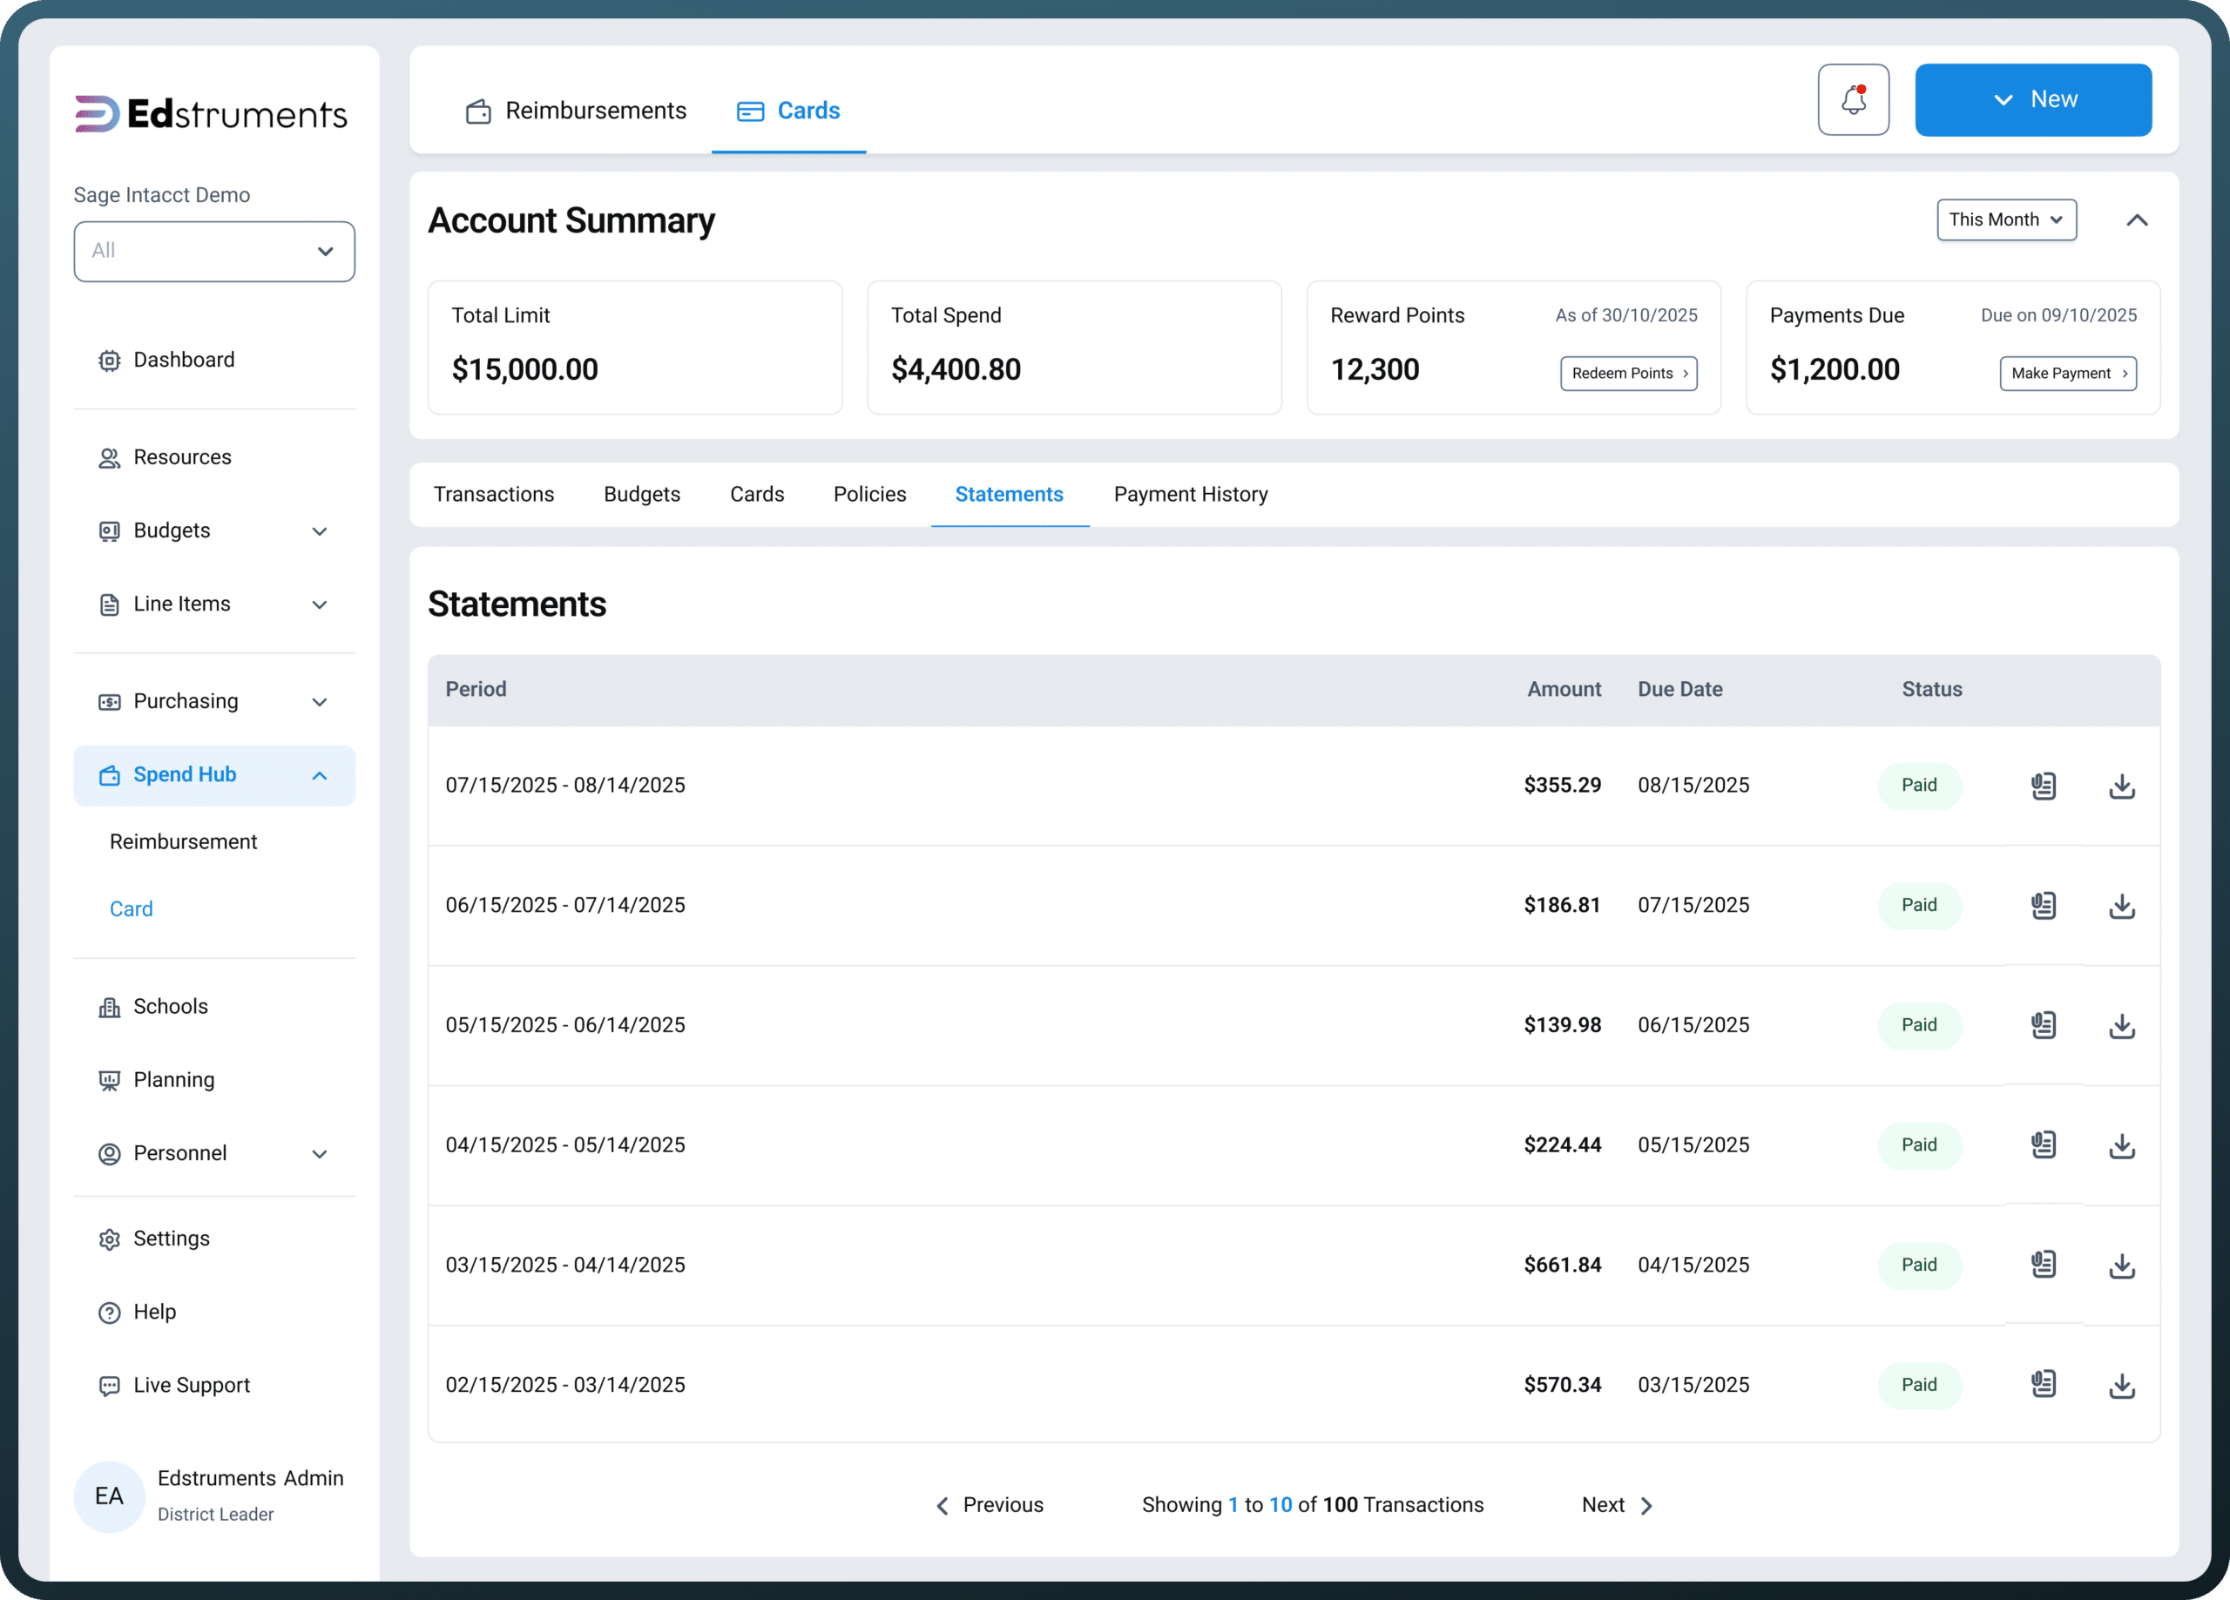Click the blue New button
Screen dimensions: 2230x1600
[x=2032, y=99]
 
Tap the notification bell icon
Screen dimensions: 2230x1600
[x=1854, y=99]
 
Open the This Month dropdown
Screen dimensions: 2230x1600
[x=2006, y=219]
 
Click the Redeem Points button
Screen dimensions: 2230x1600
[x=1628, y=374]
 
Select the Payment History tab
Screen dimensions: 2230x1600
[x=1191, y=494]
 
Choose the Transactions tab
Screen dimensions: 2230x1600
[x=494, y=494]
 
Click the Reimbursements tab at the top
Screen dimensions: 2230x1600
[x=576, y=110]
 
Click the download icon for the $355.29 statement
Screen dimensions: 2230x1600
[x=2122, y=786]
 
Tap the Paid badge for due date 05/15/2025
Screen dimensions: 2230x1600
[x=1919, y=1144]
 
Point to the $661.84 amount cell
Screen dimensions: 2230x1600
[x=1563, y=1265]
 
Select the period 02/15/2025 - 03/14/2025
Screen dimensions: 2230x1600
[x=565, y=1385]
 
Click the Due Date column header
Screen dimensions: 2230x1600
[x=1680, y=689]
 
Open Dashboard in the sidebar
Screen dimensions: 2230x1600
[x=184, y=360]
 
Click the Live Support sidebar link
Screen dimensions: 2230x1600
[x=192, y=1385]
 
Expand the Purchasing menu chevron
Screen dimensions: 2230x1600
[x=320, y=702]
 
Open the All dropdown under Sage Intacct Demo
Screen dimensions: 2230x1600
[x=214, y=252]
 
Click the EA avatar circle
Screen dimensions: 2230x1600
[x=109, y=1495]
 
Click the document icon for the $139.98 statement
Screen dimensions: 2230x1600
[x=2044, y=1024]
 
